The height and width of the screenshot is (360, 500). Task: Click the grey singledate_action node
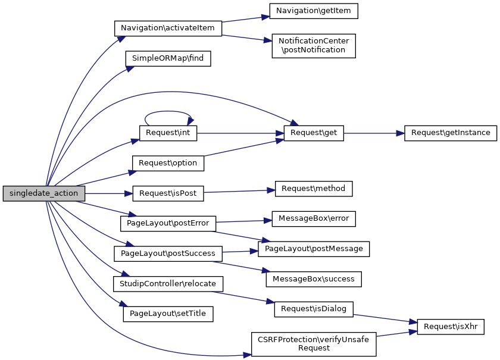pos(43,193)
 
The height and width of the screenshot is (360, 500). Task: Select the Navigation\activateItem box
pos(168,28)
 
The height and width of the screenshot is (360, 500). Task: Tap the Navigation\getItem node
pos(314,11)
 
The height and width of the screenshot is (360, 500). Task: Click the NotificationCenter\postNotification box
pos(314,45)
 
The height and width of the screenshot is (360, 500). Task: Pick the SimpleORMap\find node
pos(168,58)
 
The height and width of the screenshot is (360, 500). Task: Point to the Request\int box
pos(168,133)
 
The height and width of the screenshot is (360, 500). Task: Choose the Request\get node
pos(314,133)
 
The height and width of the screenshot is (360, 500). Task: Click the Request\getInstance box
pos(450,133)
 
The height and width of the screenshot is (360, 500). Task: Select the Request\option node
pos(168,162)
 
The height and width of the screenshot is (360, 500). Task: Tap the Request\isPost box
pos(168,193)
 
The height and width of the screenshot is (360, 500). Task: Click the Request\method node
pos(314,189)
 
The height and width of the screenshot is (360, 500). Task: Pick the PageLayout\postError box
pos(168,224)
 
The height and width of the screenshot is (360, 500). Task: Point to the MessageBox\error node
pos(314,218)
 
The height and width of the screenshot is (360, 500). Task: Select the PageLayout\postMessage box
pos(314,249)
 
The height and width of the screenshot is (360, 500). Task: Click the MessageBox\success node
pos(314,278)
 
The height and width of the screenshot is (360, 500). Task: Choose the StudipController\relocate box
pos(168,283)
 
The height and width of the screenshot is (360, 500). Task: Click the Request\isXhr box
pos(451,326)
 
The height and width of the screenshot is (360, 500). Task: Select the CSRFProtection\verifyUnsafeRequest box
pos(314,344)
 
